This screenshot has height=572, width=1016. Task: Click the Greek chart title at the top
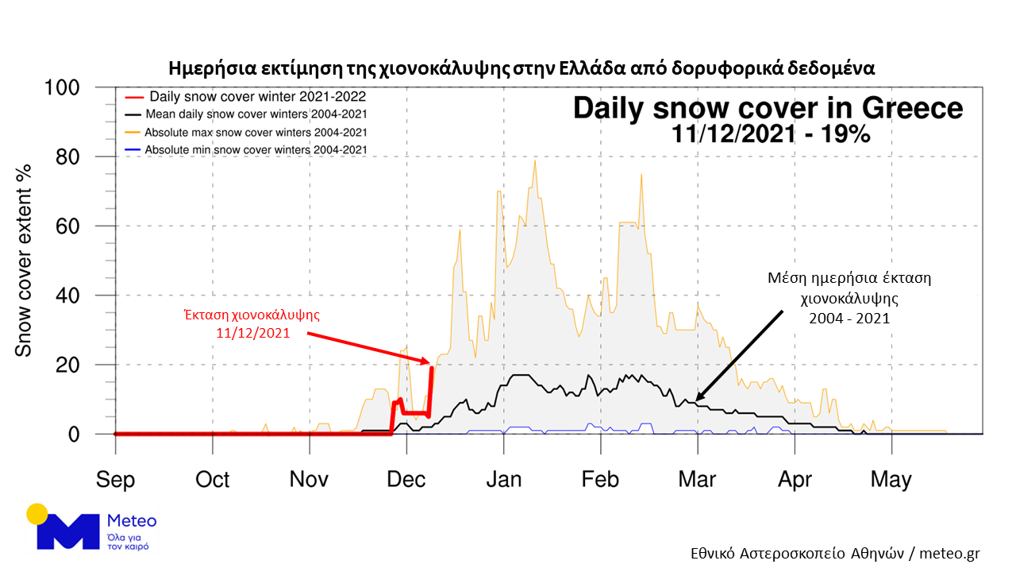tap(521, 67)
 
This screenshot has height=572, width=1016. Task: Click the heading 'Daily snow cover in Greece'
tap(768, 108)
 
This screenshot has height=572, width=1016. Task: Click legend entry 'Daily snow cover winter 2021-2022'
tap(246, 97)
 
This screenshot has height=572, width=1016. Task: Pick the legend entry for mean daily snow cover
tap(246, 114)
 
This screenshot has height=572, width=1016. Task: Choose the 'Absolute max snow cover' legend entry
tap(246, 132)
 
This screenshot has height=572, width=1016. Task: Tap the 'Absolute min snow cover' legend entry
tap(246, 149)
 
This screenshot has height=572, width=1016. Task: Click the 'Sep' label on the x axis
tap(116, 479)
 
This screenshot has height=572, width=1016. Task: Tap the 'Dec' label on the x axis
tap(407, 479)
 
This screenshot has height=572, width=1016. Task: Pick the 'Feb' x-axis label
tap(600, 479)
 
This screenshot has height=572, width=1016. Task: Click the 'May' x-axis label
tap(891, 479)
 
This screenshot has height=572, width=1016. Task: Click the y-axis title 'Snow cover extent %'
tap(25, 260)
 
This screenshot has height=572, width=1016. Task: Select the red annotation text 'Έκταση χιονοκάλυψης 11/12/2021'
tap(252, 323)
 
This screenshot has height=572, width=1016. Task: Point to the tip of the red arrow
tap(429, 362)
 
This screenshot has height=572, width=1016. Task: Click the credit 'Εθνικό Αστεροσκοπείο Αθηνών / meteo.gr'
tap(835, 554)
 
